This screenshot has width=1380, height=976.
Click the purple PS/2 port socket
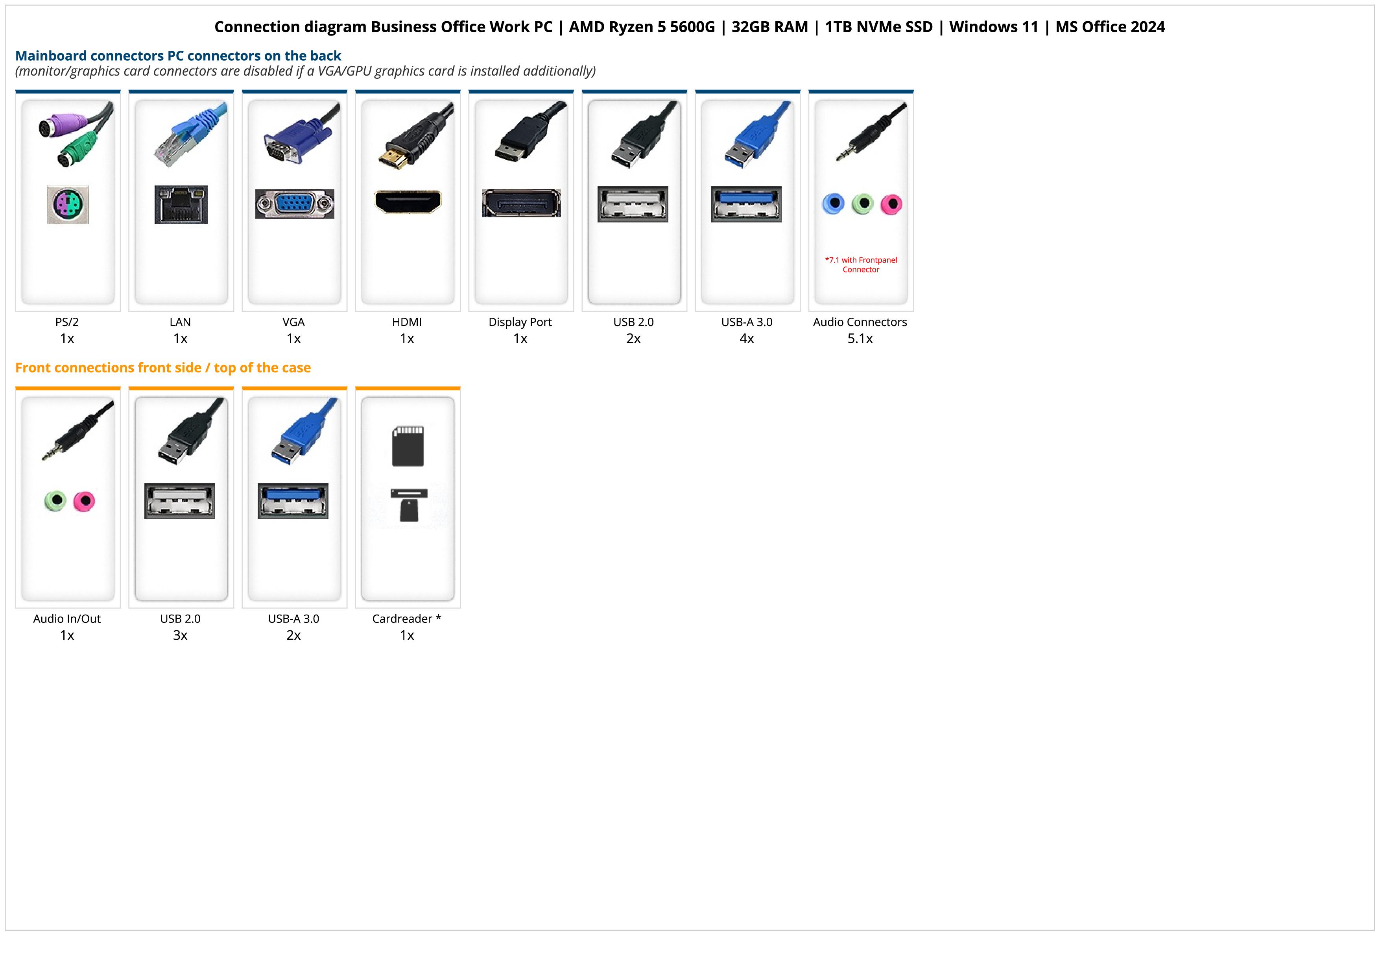click(x=68, y=205)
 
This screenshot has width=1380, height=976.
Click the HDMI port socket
click(x=408, y=202)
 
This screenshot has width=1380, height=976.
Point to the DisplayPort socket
click(x=521, y=203)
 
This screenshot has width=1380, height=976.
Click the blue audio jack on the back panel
click(x=833, y=204)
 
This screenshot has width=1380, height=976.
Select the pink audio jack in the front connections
click(x=84, y=501)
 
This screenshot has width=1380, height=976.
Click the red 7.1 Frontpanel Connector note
click(x=861, y=265)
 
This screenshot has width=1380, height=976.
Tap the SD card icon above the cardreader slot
click(x=408, y=446)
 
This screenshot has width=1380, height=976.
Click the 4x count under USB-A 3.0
click(x=747, y=339)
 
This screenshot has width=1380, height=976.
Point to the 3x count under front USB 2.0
click(x=180, y=635)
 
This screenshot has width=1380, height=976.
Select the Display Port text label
click(x=520, y=322)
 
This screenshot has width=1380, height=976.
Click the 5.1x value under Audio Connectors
click(x=860, y=339)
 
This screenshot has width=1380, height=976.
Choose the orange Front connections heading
click(x=163, y=367)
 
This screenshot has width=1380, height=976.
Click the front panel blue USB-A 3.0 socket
click(x=293, y=500)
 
